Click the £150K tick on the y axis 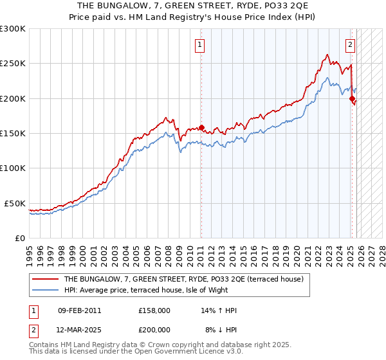pyautogui.click(x=13, y=134)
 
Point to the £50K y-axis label pyautogui.click(x=15, y=203)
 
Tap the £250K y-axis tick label pyautogui.click(x=13, y=64)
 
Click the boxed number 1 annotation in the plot pyautogui.click(x=200, y=45)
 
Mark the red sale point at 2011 pyautogui.click(x=201, y=128)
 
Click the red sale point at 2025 pyautogui.click(x=352, y=99)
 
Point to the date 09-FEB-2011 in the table pyautogui.click(x=79, y=310)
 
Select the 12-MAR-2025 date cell pyautogui.click(x=79, y=329)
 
